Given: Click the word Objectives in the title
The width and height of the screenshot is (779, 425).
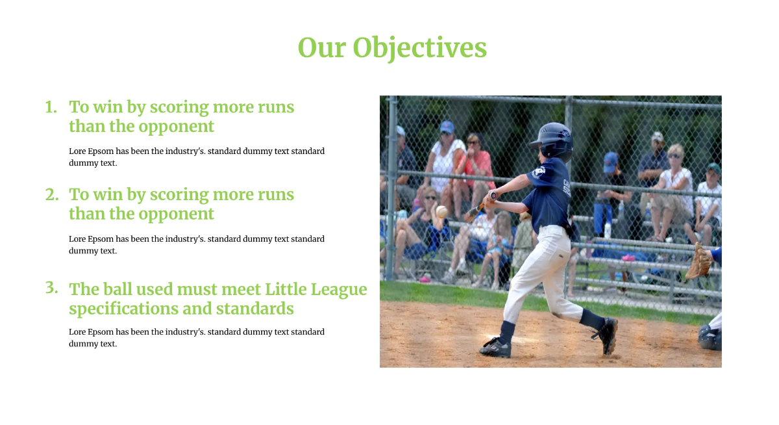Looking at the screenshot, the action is click(x=420, y=48).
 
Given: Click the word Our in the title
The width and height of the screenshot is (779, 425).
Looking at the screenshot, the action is click(x=322, y=47).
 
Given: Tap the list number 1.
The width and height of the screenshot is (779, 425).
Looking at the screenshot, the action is click(x=51, y=107).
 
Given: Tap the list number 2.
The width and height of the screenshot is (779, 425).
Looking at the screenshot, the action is click(x=52, y=194).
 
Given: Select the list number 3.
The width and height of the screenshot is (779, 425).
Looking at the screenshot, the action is click(x=52, y=288).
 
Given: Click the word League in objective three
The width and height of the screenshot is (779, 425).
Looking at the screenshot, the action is click(x=338, y=290).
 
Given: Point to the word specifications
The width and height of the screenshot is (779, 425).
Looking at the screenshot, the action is click(x=123, y=309).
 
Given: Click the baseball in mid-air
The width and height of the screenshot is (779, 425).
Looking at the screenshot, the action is click(x=441, y=211).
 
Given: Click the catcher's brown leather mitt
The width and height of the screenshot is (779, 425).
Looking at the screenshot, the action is click(x=698, y=262).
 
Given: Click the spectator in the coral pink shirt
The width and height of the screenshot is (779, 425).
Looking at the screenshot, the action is click(x=476, y=167).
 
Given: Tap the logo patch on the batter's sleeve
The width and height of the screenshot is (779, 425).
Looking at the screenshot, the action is click(x=539, y=172).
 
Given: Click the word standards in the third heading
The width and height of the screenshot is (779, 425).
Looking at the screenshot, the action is click(x=255, y=309).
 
